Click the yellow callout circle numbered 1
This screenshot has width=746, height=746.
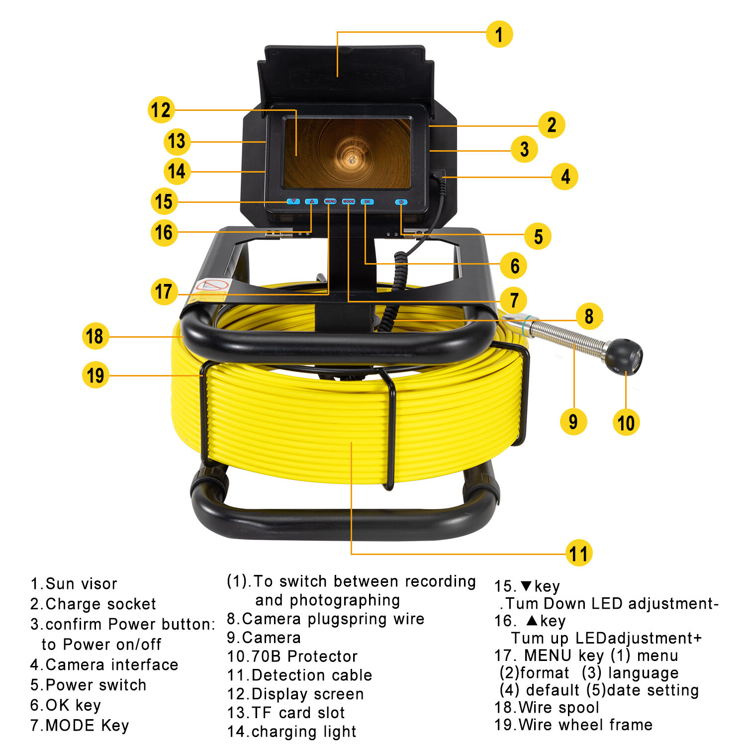pyautogui.click(x=499, y=34)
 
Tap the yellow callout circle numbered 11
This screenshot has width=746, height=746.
pyautogui.click(x=579, y=553)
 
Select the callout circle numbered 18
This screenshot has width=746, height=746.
pyautogui.click(x=95, y=336)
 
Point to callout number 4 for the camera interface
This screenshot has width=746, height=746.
pyautogui.click(x=565, y=177)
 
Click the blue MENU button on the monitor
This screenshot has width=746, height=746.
pyautogui.click(x=330, y=201)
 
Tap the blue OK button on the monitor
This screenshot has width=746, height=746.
pyautogui.click(x=367, y=202)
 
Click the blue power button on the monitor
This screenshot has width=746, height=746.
pyautogui.click(x=401, y=202)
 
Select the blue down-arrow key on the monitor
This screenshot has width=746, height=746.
pyautogui.click(x=293, y=201)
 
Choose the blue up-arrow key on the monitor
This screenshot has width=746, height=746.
pyautogui.click(x=312, y=201)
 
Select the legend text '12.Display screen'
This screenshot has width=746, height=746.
pyautogui.click(x=295, y=694)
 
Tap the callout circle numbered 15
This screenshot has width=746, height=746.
pyautogui.click(x=164, y=202)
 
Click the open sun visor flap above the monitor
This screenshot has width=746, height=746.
pyautogui.click(x=346, y=75)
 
